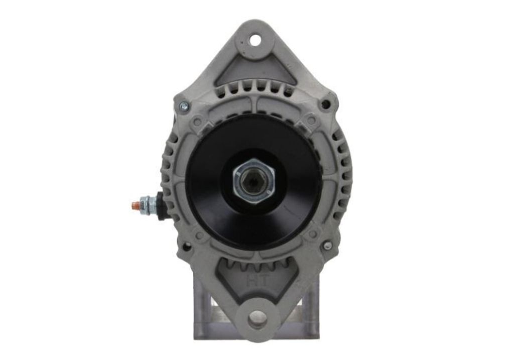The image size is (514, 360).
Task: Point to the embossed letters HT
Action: point(258,282)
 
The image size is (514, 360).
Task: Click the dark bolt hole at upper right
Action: point(325,105)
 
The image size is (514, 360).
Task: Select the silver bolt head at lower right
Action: point(327,245)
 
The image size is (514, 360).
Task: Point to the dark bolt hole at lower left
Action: point(186,247)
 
